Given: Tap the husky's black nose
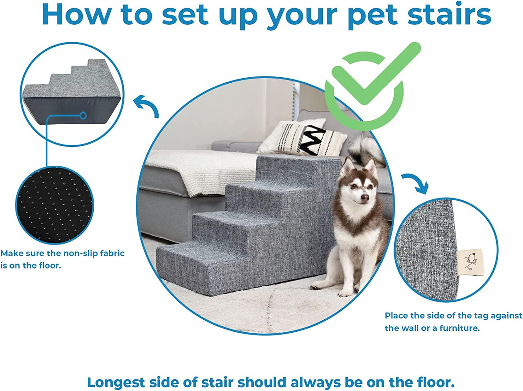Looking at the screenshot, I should click(x=365, y=198).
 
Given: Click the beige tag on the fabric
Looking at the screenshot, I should click(x=470, y=262).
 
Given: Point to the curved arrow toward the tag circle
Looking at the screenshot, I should click(x=416, y=183).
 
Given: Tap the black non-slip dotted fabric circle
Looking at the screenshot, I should click(x=54, y=205).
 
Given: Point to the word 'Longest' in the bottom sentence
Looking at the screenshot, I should click(x=116, y=382).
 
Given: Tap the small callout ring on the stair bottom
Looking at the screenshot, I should click(x=83, y=116).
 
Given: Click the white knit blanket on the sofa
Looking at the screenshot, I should click(x=203, y=167).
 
